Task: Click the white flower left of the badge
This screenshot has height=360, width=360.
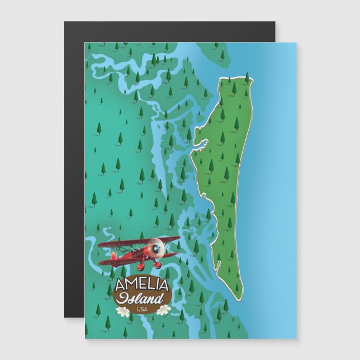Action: pyautogui.click(x=123, y=311)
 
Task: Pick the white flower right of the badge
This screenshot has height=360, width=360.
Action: pyautogui.click(x=163, y=309)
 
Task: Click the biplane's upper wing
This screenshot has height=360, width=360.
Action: pyautogui.click(x=137, y=242)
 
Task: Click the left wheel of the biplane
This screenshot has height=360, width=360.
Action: pyautogui.click(x=142, y=266)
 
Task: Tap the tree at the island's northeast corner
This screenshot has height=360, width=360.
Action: pyautogui.click(x=247, y=77)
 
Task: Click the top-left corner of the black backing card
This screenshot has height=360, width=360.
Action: pyautogui.click(x=64, y=22)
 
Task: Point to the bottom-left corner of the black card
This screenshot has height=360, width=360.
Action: pyautogui.click(x=64, y=317)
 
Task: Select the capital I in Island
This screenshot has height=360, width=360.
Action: pyautogui.click(x=122, y=297)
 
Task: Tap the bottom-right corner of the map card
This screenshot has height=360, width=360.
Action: pyautogui.click(x=296, y=338)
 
